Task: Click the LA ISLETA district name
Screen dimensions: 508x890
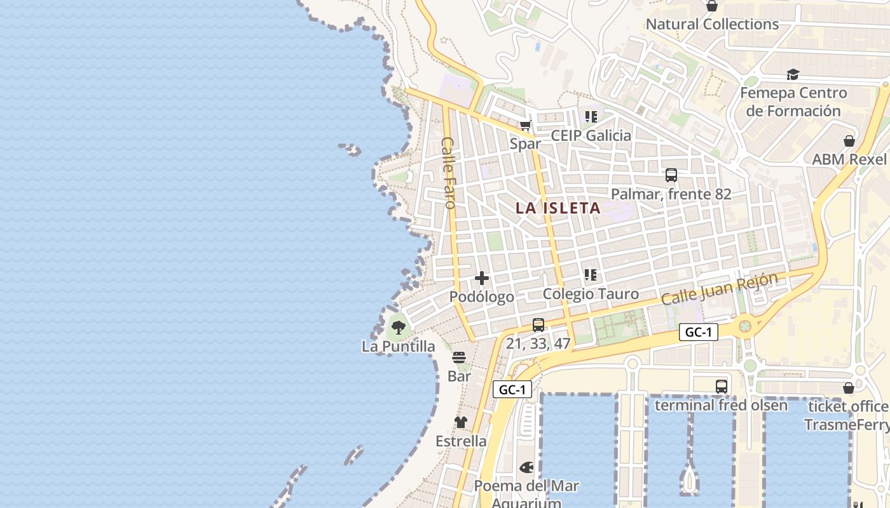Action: pos(558,208)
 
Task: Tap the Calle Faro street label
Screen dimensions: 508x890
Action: pos(449,173)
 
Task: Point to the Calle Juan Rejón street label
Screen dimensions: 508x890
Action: pos(720,289)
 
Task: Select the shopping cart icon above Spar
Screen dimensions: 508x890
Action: pos(525,126)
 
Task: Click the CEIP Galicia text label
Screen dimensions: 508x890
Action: pos(591,135)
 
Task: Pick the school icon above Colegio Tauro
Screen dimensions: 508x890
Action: pos(591,275)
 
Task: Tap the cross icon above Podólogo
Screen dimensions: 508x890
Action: pos(482,278)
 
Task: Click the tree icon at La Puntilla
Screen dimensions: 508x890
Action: pos(399,328)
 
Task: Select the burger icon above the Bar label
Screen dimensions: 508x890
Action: pos(459,358)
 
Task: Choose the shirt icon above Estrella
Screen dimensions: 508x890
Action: pos(461,422)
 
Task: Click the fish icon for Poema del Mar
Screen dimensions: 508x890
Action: pos(526,467)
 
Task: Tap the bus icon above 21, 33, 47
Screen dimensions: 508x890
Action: pos(538,324)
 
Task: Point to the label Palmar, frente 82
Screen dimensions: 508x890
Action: pos(671,194)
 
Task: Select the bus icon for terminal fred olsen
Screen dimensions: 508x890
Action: pos(721,386)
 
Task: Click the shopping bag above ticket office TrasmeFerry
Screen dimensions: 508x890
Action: pos(849,388)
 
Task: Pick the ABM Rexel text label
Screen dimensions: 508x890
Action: pos(849,159)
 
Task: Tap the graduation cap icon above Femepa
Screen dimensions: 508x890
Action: pos(793,75)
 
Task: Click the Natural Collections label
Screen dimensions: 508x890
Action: pos(712,24)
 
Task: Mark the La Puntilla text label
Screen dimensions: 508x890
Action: pos(399,346)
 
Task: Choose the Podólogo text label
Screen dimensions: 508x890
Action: pos(482,297)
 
